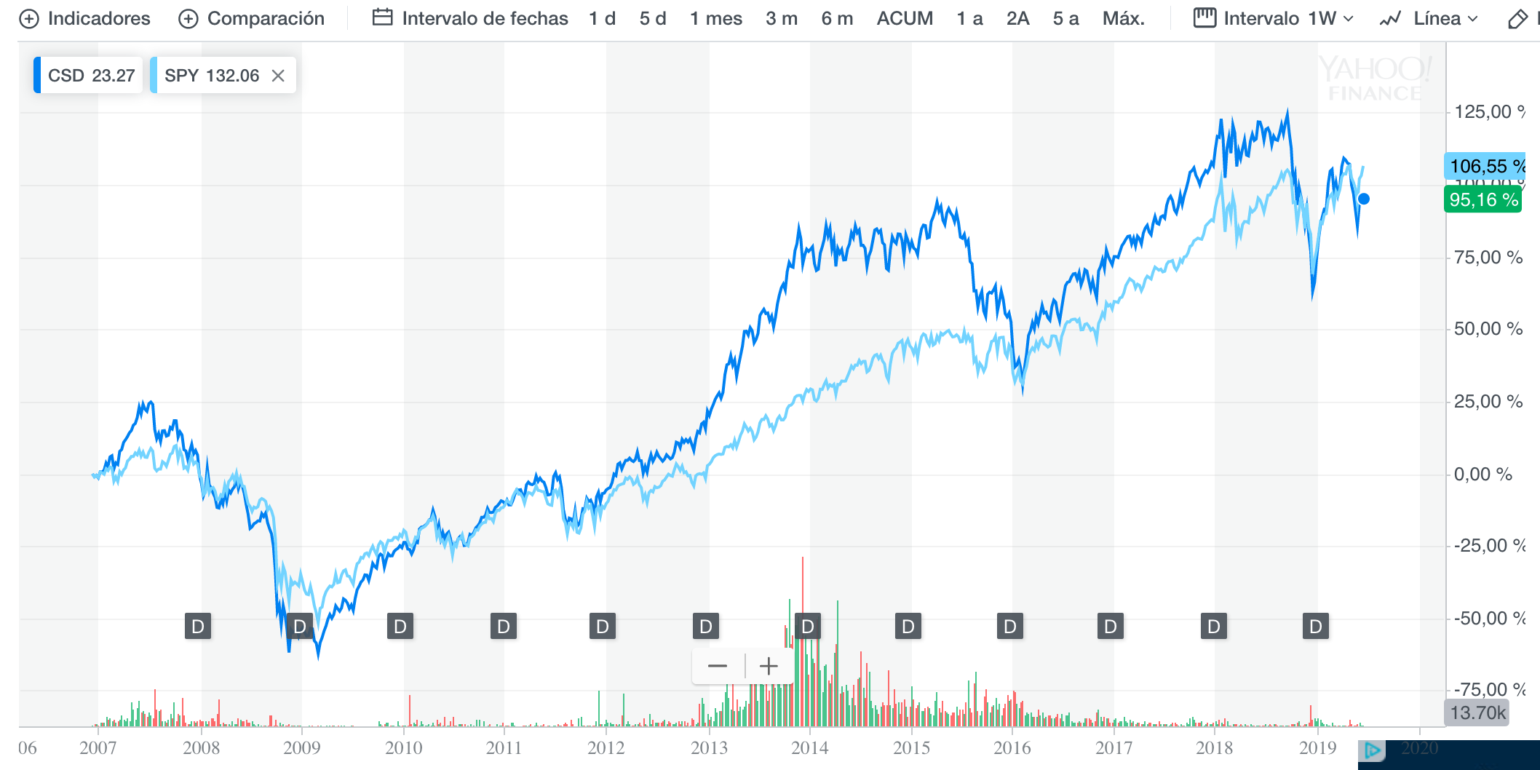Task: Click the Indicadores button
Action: [84, 19]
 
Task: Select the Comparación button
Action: [252, 19]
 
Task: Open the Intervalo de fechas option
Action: [470, 19]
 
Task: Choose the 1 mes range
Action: [716, 19]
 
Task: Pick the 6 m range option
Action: [837, 19]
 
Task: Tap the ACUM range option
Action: [905, 19]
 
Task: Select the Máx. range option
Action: [1123, 19]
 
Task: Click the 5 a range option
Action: [1065, 19]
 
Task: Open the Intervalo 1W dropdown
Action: [1274, 19]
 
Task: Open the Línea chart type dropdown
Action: [1429, 19]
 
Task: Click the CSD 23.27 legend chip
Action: [90, 76]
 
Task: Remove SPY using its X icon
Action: [278, 76]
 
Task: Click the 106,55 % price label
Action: [1485, 167]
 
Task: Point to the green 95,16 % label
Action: [1483, 200]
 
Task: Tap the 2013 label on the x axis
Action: [709, 748]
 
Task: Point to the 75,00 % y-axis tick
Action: [1488, 258]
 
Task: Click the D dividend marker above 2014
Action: [807, 626]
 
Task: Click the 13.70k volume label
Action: [1477, 713]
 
